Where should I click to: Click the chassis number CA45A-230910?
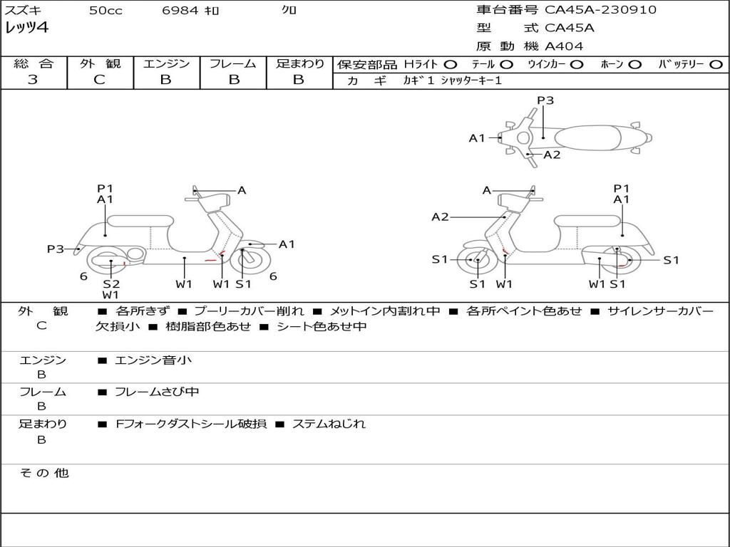pyautogui.click(x=600, y=10)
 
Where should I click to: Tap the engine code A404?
pyautogui.click(x=564, y=46)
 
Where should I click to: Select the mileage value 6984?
pyautogui.click(x=180, y=10)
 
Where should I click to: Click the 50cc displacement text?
pyautogui.click(x=106, y=10)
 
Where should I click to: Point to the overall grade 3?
pyautogui.click(x=33, y=80)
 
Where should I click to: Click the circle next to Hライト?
pyautogui.click(x=451, y=65)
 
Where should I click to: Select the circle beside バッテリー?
pyautogui.click(x=716, y=65)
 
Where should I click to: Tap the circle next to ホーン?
pyautogui.click(x=634, y=65)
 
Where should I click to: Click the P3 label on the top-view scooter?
pyautogui.click(x=545, y=100)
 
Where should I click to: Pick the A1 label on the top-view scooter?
pyautogui.click(x=477, y=138)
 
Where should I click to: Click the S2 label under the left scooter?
pyautogui.click(x=111, y=283)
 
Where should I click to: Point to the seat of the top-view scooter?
pyautogui.click(x=587, y=138)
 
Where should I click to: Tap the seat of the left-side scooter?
pyautogui.click(x=140, y=221)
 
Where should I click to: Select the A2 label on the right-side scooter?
pyautogui.click(x=440, y=217)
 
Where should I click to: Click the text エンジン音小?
pyautogui.click(x=153, y=360)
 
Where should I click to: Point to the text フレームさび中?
pyautogui.click(x=157, y=392)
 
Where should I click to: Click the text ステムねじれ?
pyautogui.click(x=329, y=424)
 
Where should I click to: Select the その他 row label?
pyautogui.click(x=43, y=473)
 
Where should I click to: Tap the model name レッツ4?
pyautogui.click(x=26, y=28)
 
